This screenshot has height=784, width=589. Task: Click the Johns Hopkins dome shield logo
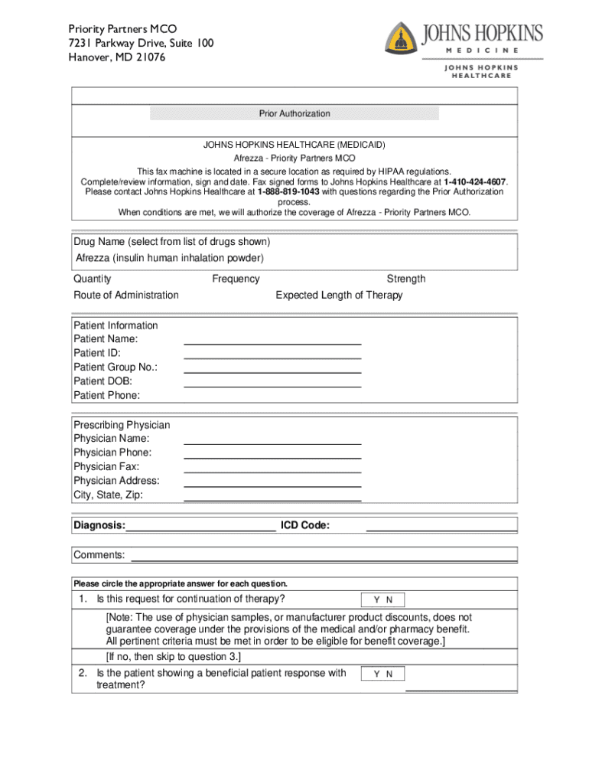tap(400, 39)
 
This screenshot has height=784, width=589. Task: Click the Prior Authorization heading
tap(294, 114)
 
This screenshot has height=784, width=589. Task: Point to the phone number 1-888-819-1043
tap(288, 192)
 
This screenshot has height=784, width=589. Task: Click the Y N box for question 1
tap(382, 600)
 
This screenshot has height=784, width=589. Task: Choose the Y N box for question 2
tap(382, 675)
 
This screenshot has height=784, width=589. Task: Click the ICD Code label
tap(305, 526)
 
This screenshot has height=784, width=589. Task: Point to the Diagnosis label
tap(99, 526)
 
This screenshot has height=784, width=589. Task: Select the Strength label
tap(406, 279)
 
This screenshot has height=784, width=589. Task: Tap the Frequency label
tap(236, 279)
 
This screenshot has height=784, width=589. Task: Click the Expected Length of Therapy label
tap(339, 296)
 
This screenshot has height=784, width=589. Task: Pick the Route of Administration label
tap(126, 296)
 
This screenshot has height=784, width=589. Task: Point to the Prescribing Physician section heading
tap(122, 426)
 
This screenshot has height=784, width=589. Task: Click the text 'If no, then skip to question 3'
tap(174, 658)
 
